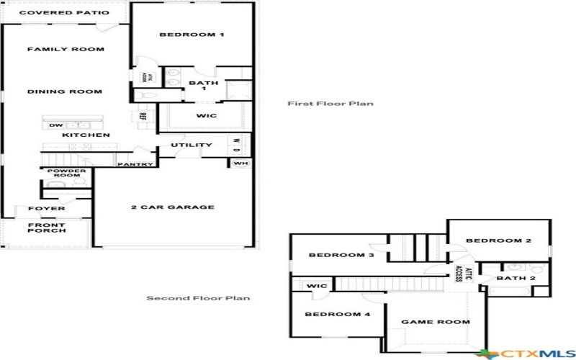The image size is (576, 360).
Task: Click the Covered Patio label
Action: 64,13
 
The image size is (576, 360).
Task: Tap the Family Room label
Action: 66,49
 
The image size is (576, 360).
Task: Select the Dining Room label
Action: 64,91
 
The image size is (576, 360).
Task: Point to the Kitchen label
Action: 86,135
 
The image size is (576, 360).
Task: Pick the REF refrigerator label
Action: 143,116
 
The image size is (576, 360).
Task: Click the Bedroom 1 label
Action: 192,35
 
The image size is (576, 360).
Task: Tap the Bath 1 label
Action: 198,86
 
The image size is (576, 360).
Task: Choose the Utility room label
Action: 192,145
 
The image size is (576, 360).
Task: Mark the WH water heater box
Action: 239,163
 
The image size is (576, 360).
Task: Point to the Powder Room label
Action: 67,174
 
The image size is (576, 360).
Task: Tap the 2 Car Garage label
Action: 172,207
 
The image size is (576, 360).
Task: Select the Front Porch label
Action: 47,228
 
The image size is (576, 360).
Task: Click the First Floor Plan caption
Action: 330,104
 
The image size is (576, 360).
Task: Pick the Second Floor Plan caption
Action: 198,298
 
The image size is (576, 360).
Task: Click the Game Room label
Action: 435,322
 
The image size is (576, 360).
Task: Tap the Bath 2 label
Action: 516,278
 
